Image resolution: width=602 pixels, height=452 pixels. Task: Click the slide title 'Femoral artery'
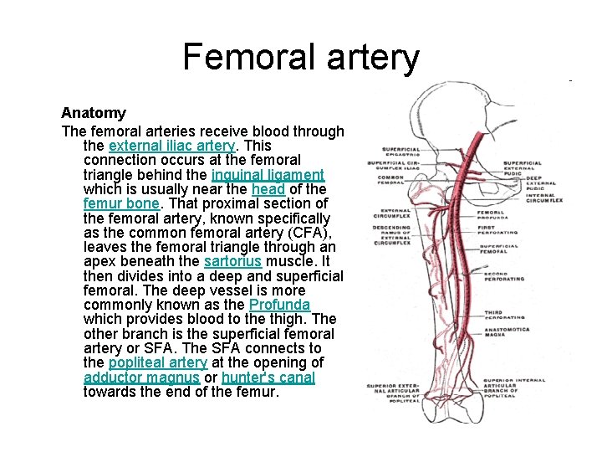[x=301, y=57]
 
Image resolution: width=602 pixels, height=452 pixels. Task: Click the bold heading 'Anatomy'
[x=94, y=112]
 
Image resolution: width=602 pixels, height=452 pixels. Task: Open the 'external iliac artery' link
[x=172, y=145]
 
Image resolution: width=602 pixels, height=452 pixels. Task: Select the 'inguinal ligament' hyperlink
[x=268, y=175]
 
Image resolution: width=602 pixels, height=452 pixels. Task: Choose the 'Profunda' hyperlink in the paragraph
[x=279, y=305]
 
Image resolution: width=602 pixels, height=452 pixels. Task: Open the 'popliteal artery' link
[x=157, y=362]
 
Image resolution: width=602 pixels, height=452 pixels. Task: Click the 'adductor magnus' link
[x=141, y=378]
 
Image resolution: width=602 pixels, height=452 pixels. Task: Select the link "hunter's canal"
[x=268, y=378]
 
